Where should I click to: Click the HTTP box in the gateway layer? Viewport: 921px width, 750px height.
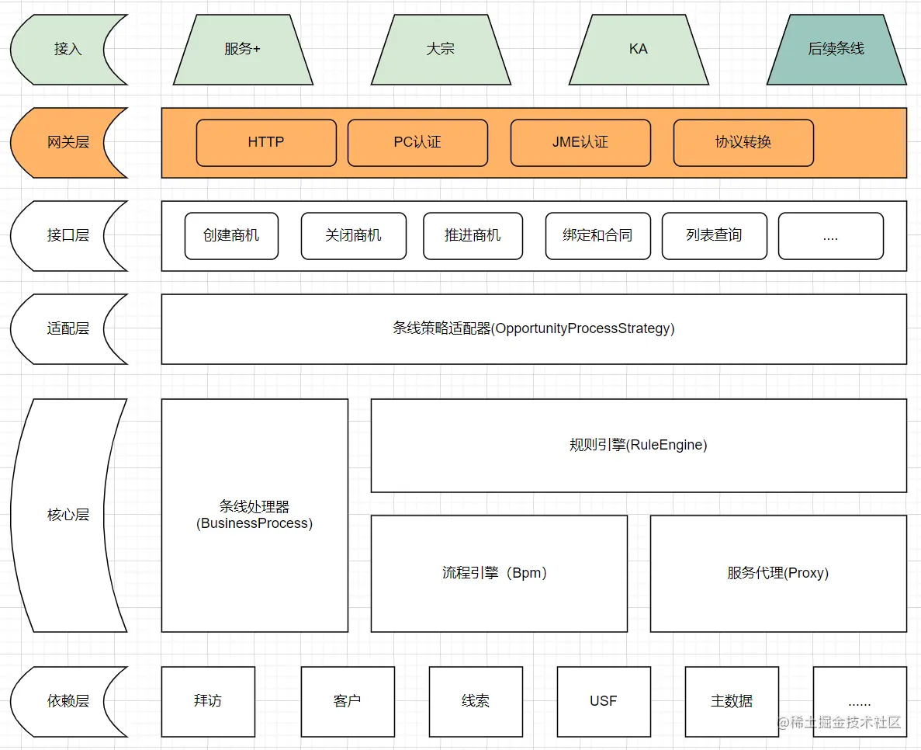(266, 143)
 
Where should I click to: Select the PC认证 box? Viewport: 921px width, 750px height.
(417, 143)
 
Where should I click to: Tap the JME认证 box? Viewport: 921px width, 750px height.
(580, 143)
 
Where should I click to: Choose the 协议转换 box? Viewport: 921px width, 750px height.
(743, 143)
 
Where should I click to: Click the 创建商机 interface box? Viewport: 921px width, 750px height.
(231, 236)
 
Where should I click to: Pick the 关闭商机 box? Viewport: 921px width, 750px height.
(353, 236)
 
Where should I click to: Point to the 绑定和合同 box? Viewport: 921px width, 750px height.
(597, 236)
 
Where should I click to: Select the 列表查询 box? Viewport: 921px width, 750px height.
(714, 236)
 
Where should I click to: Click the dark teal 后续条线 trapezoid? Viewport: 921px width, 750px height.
(836, 49)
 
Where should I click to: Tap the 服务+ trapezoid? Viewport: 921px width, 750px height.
(243, 49)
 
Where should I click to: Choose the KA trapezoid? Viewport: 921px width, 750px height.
(639, 49)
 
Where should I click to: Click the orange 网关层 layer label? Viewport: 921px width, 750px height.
(68, 143)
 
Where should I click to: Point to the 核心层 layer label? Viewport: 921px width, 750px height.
(68, 515)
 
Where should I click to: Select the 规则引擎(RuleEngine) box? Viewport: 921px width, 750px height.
(639, 446)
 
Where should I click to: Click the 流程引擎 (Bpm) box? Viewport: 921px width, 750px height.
(499, 574)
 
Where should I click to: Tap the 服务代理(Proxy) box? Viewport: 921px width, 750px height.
(778, 574)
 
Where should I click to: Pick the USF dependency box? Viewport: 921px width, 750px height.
(604, 701)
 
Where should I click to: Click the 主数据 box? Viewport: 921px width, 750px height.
(732, 701)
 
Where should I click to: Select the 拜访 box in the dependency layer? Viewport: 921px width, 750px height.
(208, 701)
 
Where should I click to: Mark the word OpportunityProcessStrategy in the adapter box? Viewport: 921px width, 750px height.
(583, 329)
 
